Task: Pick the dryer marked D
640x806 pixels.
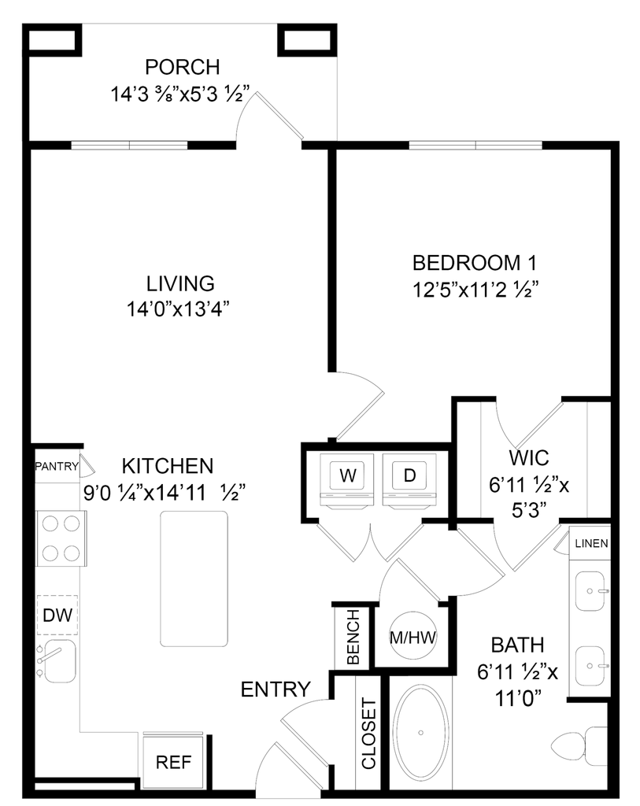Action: pyautogui.click(x=406, y=475)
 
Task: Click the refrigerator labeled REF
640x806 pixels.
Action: pyautogui.click(x=173, y=762)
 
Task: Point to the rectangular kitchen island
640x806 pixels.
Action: pyautogui.click(x=195, y=575)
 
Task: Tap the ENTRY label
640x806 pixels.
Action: pyautogui.click(x=276, y=690)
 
